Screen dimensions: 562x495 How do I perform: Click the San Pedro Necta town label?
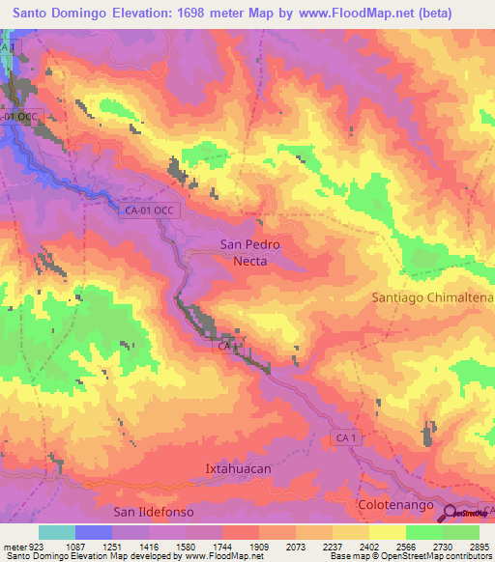tap(250, 252)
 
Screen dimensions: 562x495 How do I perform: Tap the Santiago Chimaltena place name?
tap(432, 298)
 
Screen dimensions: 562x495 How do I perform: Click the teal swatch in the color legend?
tap(57, 532)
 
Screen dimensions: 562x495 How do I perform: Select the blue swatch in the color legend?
tap(94, 532)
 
